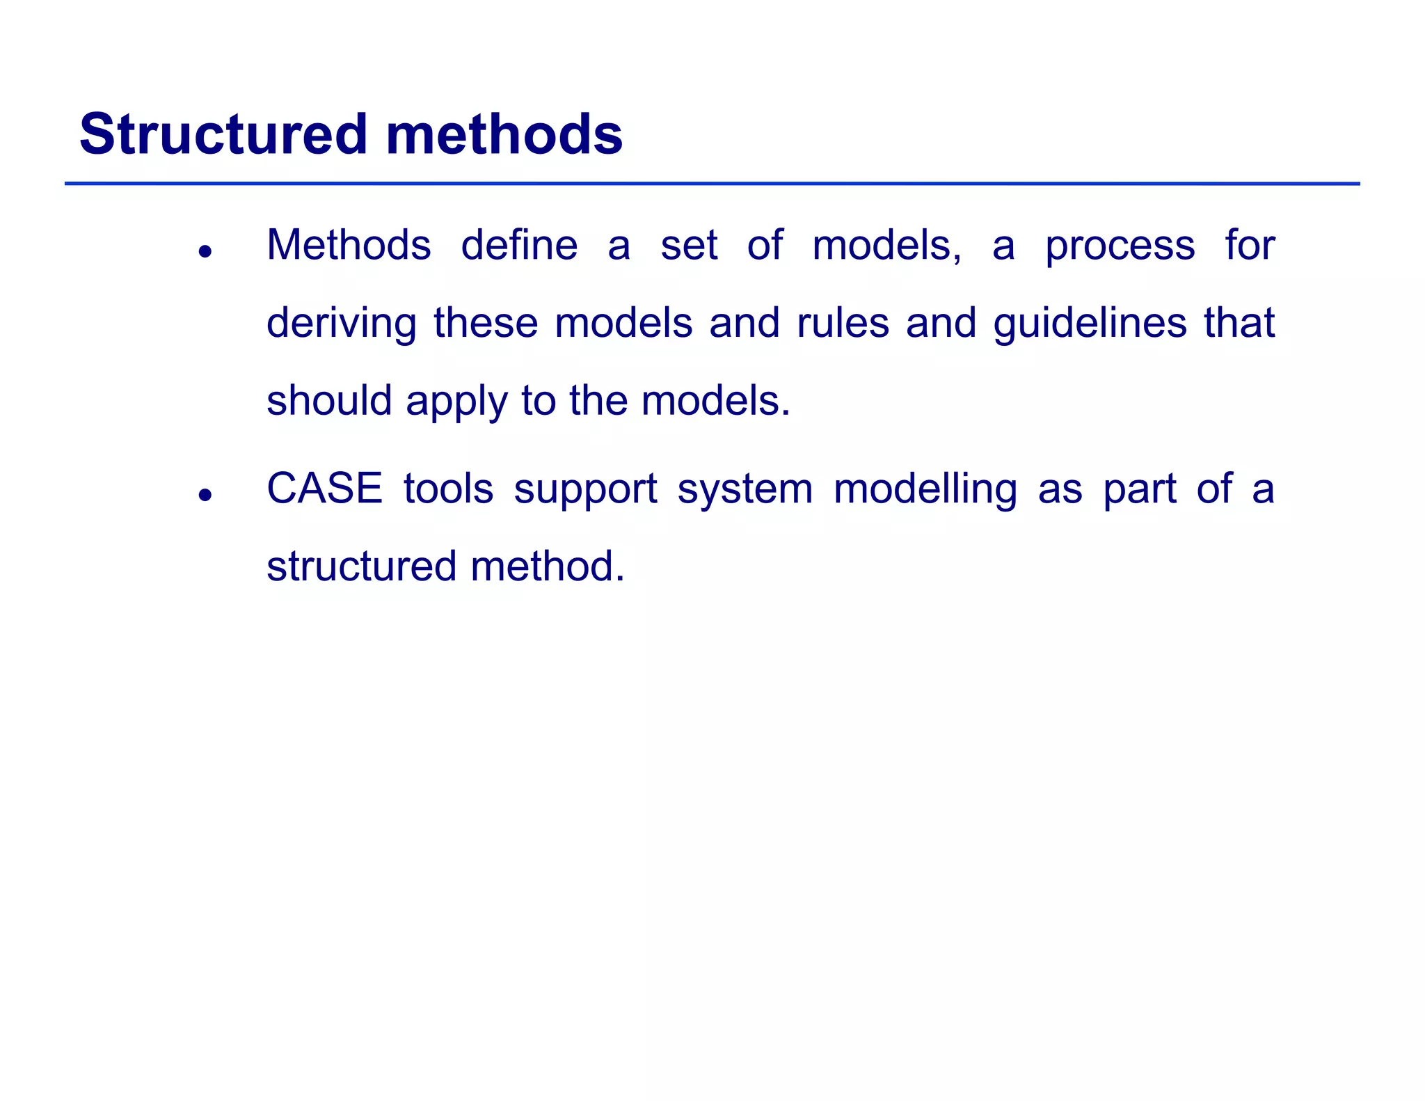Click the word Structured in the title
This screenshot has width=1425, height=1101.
click(x=223, y=134)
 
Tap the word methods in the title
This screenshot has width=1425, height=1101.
click(x=504, y=134)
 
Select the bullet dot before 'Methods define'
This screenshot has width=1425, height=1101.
click(x=204, y=251)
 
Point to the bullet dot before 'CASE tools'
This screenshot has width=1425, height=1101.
click(x=204, y=495)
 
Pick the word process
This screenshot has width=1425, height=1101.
click(x=1120, y=247)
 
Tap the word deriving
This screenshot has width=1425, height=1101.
click(x=342, y=324)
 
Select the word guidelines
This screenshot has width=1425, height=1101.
click(x=1090, y=324)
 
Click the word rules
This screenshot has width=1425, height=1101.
click(x=843, y=323)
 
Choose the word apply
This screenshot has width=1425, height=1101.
click(x=456, y=402)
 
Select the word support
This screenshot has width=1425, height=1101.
click(x=585, y=490)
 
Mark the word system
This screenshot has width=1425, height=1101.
click(x=745, y=490)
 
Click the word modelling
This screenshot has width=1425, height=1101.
click(x=925, y=490)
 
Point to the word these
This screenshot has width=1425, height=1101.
click(x=486, y=323)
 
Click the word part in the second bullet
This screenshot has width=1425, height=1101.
click(x=1140, y=490)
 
